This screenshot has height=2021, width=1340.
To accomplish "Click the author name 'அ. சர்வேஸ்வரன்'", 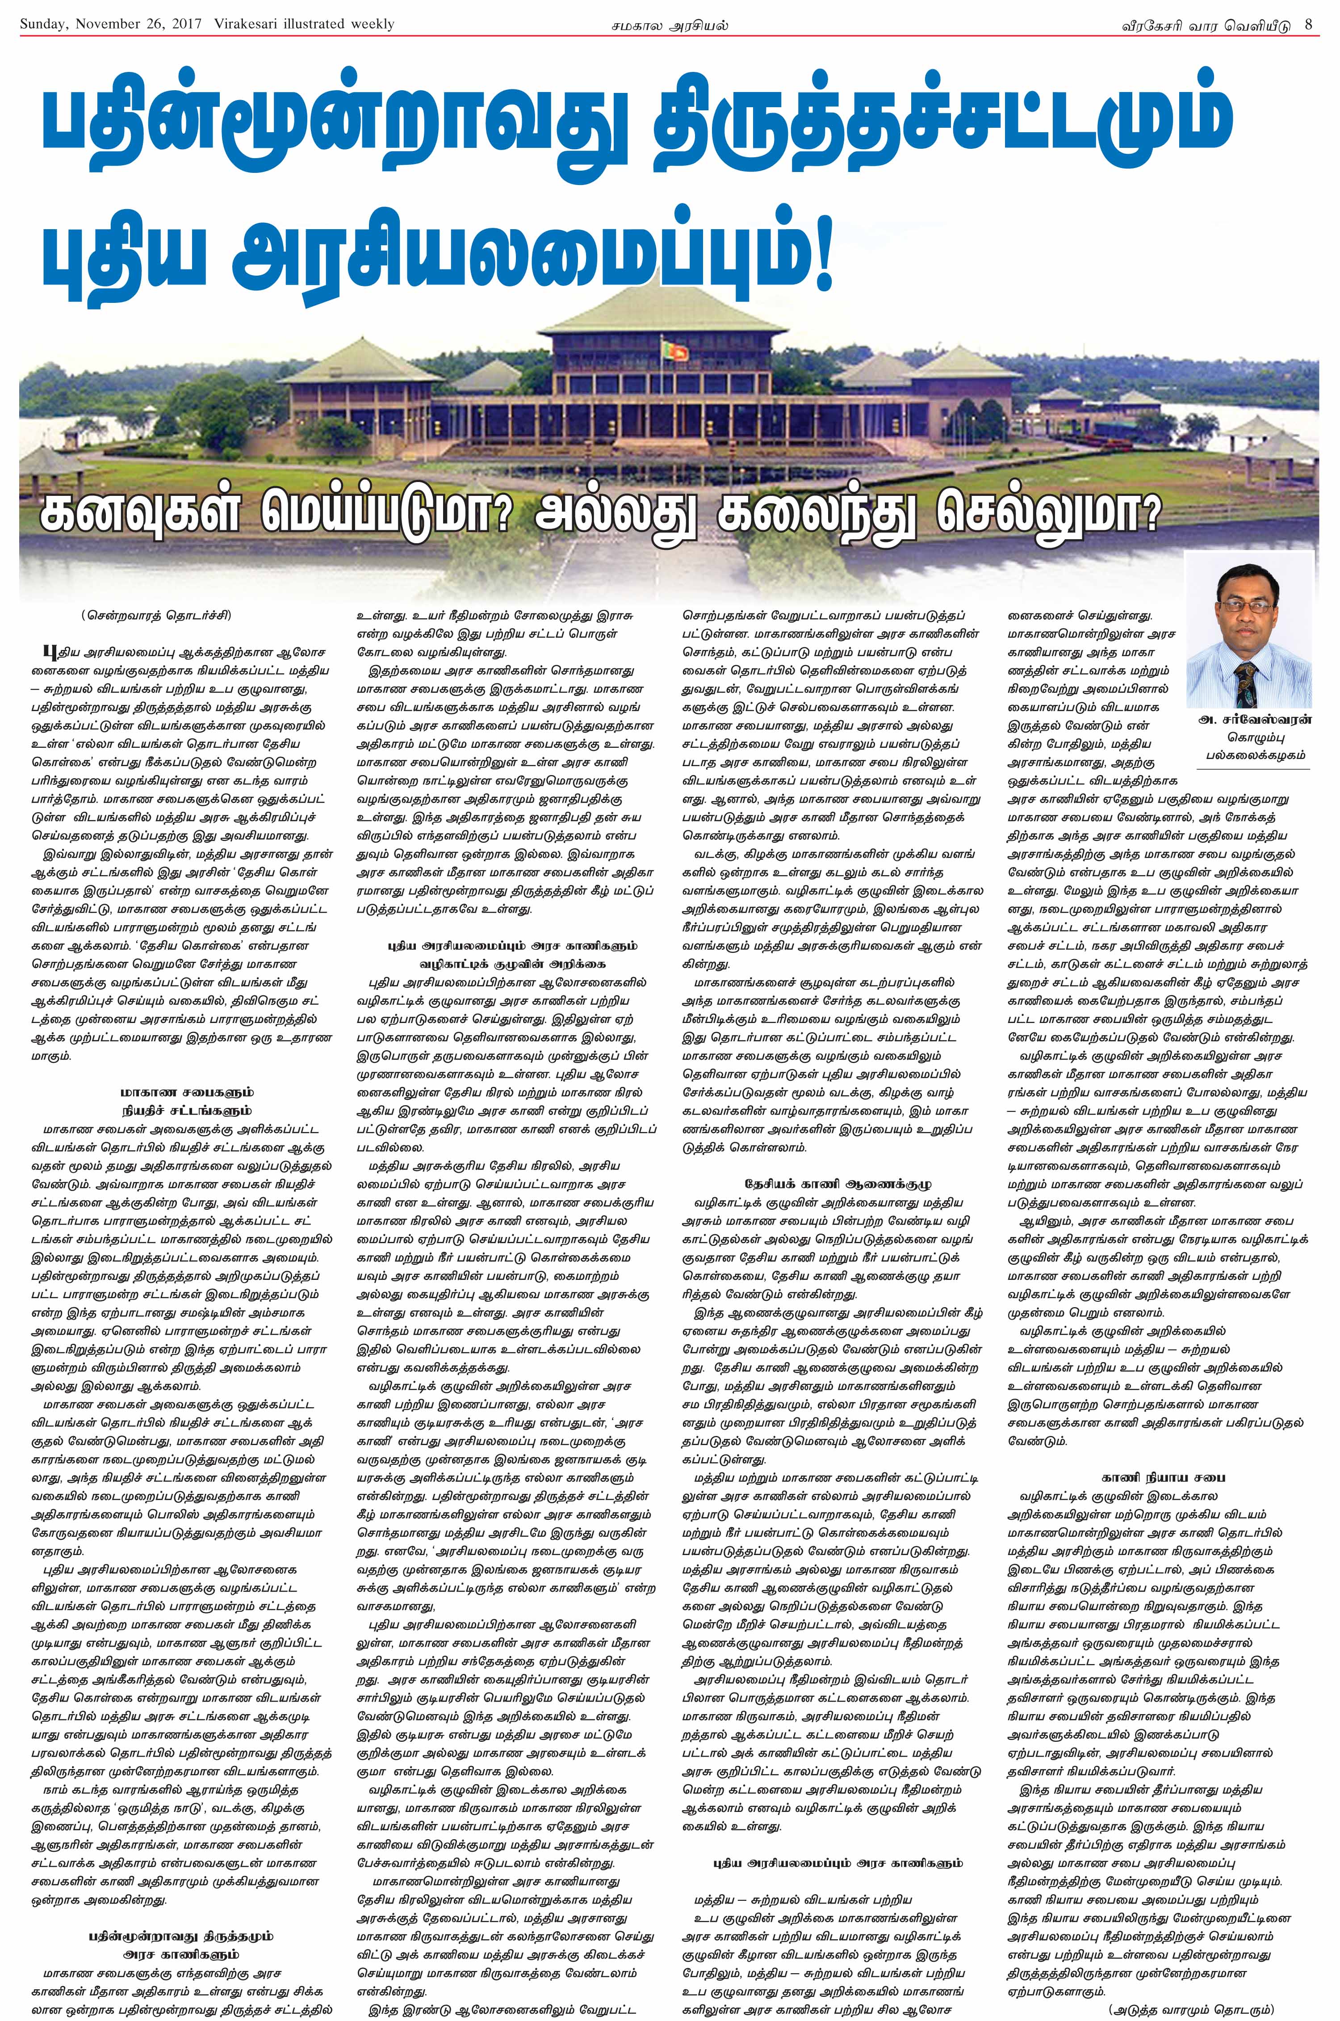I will pyautogui.click(x=1248, y=721).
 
